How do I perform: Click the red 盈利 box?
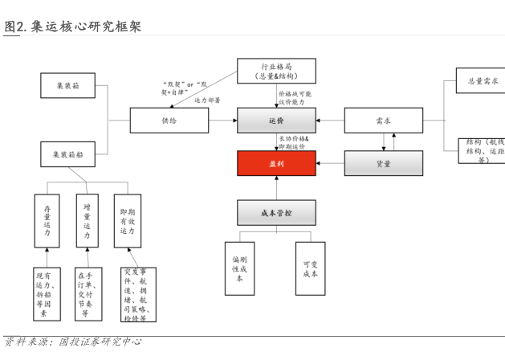tap(276, 163)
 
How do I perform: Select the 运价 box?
tap(276, 121)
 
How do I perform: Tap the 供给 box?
tap(169, 121)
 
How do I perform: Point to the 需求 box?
tap(383, 121)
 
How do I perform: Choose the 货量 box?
tap(383, 163)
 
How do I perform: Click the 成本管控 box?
tap(276, 213)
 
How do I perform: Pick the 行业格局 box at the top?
tap(276, 71)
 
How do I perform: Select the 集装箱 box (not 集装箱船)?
tap(68, 85)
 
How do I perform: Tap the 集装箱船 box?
tap(68, 153)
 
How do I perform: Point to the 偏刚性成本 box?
tap(238, 268)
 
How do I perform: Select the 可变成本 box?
tap(310, 268)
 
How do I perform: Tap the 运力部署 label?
tap(207, 100)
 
